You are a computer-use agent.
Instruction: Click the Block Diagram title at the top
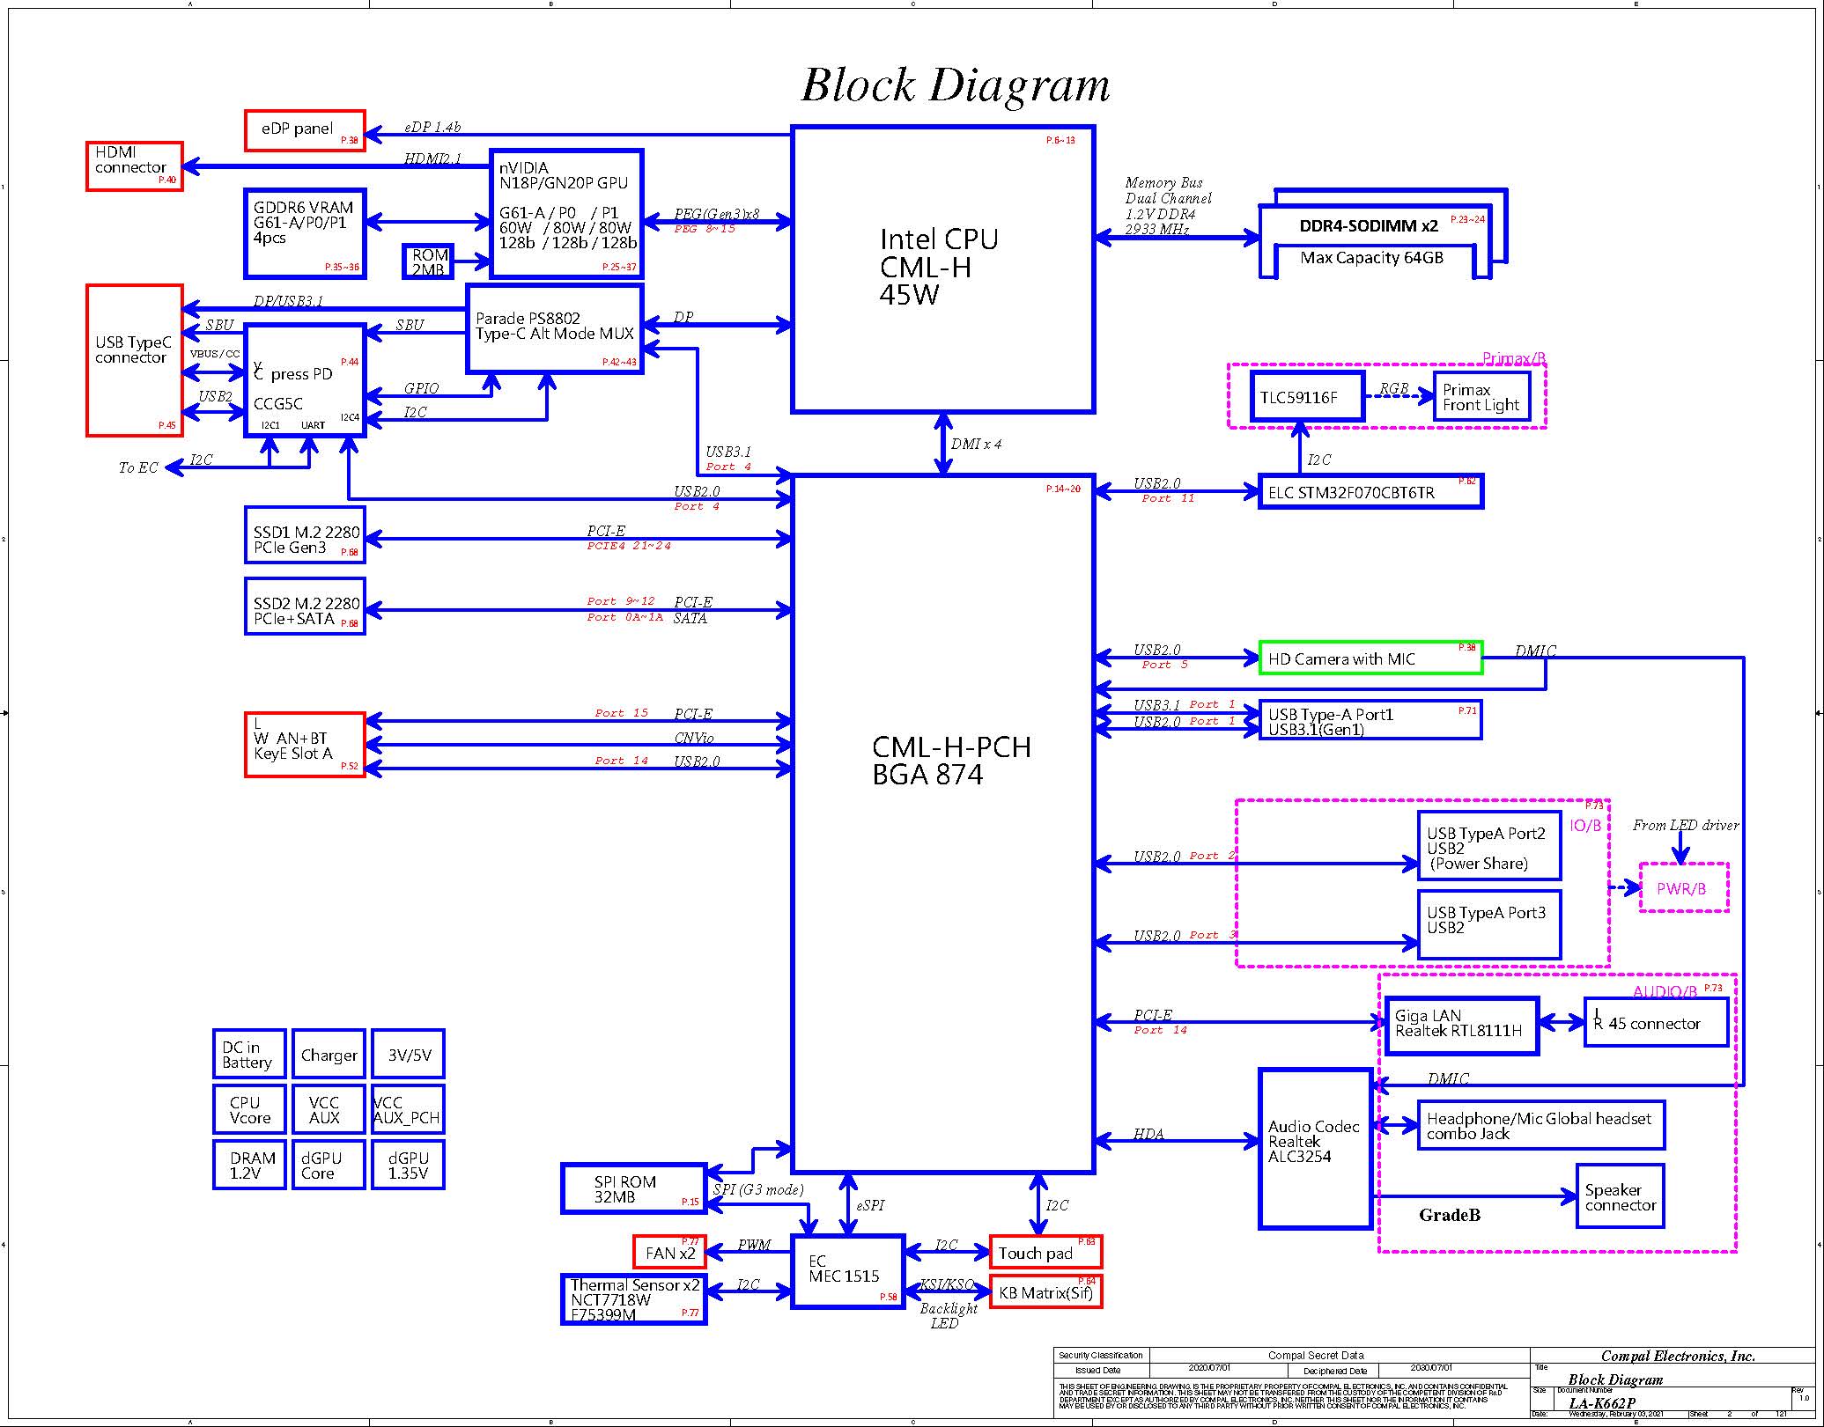click(x=955, y=85)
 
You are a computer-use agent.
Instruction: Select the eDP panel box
click(x=305, y=130)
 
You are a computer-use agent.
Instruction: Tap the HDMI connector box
click(x=135, y=166)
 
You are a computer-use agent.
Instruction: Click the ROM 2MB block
click(x=428, y=261)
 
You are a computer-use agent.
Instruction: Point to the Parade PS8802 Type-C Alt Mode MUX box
click(x=554, y=328)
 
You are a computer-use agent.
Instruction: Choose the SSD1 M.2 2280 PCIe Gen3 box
click(x=305, y=534)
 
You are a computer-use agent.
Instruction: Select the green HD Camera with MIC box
click(x=1370, y=658)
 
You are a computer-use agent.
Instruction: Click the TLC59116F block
click(x=1307, y=397)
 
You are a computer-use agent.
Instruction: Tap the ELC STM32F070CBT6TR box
click(x=1370, y=491)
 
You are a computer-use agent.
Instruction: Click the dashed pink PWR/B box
click(x=1683, y=888)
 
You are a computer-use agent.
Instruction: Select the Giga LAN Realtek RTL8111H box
click(x=1461, y=1025)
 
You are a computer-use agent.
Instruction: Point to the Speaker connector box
click(x=1620, y=1196)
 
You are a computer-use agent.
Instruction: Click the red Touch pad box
click(x=1045, y=1252)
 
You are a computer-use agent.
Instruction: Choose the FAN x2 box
click(x=669, y=1252)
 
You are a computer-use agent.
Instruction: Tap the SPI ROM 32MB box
click(x=633, y=1188)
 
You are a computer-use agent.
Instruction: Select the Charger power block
click(x=329, y=1054)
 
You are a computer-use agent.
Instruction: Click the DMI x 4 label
click(x=976, y=444)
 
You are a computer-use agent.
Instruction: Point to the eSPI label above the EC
click(x=870, y=1205)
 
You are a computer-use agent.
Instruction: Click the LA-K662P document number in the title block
click(x=1602, y=1403)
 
